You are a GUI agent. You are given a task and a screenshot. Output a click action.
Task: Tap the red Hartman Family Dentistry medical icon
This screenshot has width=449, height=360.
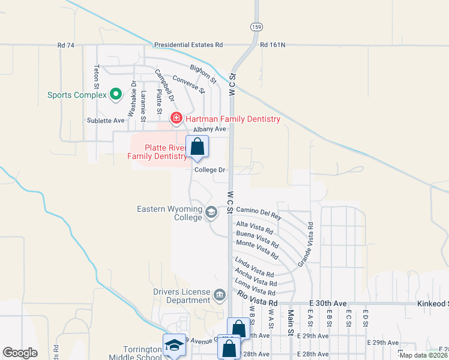[176, 118]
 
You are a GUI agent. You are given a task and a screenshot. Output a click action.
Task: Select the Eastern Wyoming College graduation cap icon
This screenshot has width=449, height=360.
[211, 212]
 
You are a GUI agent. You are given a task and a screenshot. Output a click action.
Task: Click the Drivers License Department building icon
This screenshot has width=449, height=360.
[220, 295]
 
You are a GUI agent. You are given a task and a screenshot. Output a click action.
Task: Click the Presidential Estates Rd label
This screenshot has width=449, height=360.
[188, 44]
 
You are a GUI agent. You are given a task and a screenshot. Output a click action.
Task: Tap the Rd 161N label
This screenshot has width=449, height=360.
[273, 44]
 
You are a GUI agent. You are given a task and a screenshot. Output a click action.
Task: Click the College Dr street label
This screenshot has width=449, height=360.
[209, 170]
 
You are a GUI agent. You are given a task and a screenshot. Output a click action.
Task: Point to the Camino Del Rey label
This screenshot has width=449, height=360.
[259, 212]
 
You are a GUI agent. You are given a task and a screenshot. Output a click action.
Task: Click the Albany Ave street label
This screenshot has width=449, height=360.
[209, 128]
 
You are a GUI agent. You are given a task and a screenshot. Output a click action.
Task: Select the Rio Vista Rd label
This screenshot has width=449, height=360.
[258, 299]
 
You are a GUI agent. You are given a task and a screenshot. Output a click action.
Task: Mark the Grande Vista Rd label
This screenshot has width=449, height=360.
[305, 245]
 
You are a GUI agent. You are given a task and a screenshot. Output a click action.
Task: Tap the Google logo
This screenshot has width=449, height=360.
[20, 353]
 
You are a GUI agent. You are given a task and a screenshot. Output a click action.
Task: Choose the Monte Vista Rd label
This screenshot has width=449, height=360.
[258, 250]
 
